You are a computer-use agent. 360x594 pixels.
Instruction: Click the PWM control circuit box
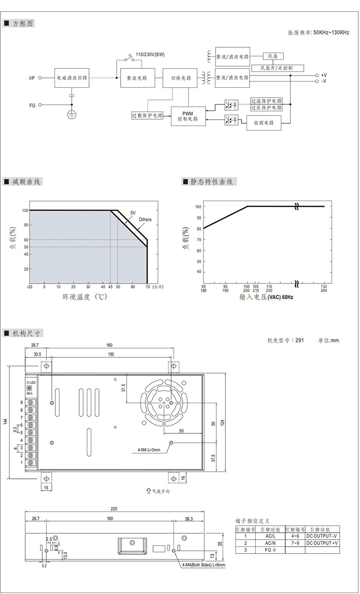[188, 116]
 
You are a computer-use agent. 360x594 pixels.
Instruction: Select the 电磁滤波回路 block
[72, 78]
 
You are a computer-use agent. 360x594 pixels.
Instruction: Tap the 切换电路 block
[180, 78]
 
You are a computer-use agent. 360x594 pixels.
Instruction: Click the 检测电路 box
[264, 123]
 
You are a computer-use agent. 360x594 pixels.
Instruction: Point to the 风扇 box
[273, 56]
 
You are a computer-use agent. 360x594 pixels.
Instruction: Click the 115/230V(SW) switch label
[150, 54]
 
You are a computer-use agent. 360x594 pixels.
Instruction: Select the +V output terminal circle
[317, 76]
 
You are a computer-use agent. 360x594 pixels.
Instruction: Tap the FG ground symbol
[72, 115]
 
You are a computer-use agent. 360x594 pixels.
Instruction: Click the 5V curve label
[133, 213]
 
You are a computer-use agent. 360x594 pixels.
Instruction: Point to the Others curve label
[145, 220]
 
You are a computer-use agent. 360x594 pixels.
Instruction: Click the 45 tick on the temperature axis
[110, 287]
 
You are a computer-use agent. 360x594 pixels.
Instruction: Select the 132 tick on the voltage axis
[324, 286]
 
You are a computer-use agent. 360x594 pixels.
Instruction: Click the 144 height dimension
[5, 421]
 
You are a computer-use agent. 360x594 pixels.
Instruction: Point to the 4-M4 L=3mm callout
[148, 450]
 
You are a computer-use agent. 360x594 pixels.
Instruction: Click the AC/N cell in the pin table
[270, 543]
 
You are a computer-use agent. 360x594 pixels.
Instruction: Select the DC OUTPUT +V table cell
[322, 543]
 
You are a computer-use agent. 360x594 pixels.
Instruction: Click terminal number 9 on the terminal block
[22, 403]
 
